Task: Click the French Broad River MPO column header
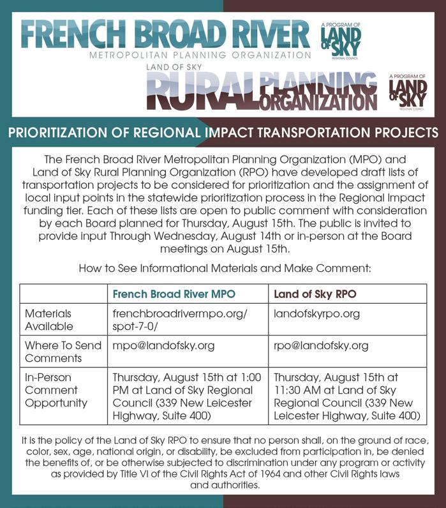point(174,294)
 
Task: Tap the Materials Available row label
point(48,320)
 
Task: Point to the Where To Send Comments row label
point(63,352)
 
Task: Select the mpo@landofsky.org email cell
point(163,345)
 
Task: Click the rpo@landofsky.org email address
point(321,345)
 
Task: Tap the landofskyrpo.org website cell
point(317,314)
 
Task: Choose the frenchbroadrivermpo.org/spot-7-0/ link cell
point(179,320)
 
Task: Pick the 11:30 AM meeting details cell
point(347,396)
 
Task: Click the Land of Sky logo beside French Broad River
point(341,40)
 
